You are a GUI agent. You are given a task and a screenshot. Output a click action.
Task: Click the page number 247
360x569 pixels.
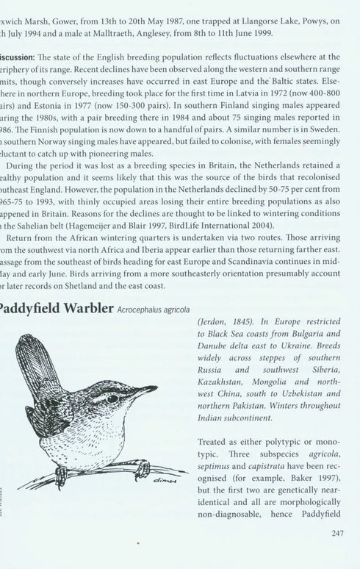click(x=336, y=535)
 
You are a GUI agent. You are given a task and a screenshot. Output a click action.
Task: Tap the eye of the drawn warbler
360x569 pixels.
click(x=113, y=398)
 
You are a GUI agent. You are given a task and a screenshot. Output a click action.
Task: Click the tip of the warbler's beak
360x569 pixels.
click(x=156, y=387)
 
